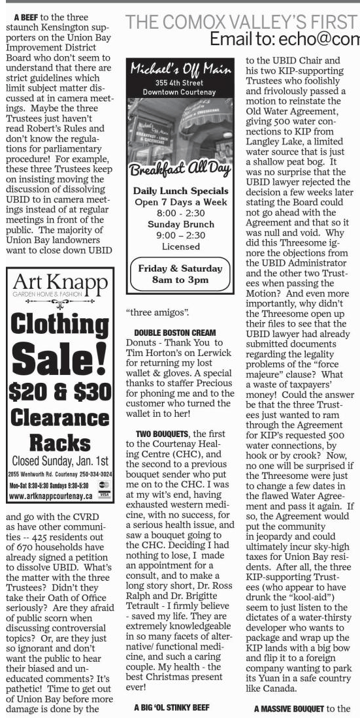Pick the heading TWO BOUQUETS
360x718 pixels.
pyautogui.click(x=159, y=433)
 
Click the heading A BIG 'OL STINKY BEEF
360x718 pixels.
pyautogui.click(x=176, y=707)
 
